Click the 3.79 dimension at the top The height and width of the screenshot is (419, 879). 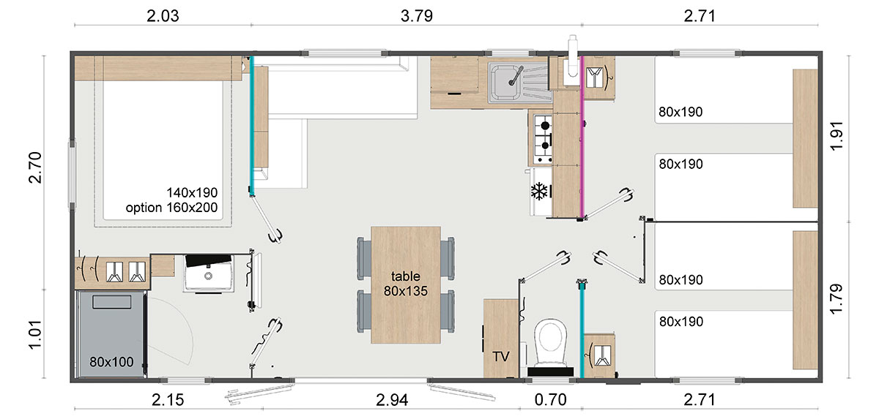[x=416, y=16]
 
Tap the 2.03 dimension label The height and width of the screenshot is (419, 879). [x=163, y=16]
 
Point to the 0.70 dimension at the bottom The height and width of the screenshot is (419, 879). [x=550, y=400]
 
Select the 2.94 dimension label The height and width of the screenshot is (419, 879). [x=392, y=400]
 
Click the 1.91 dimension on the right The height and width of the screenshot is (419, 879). [x=837, y=136]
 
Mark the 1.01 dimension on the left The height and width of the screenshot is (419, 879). [x=35, y=334]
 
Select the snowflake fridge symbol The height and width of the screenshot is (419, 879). [x=539, y=192]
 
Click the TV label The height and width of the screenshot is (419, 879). [x=501, y=356]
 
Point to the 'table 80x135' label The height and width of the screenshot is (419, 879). [x=405, y=284]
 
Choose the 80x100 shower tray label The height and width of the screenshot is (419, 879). [x=111, y=362]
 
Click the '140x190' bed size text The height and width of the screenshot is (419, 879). [x=192, y=192]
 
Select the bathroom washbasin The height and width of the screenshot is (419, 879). [x=209, y=273]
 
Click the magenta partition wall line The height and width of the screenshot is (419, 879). [x=582, y=137]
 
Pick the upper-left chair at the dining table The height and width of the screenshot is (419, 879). [x=365, y=258]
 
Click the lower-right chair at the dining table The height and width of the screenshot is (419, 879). [x=447, y=312]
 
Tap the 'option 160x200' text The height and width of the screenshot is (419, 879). [x=171, y=208]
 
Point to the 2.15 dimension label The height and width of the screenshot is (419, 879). [x=168, y=400]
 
